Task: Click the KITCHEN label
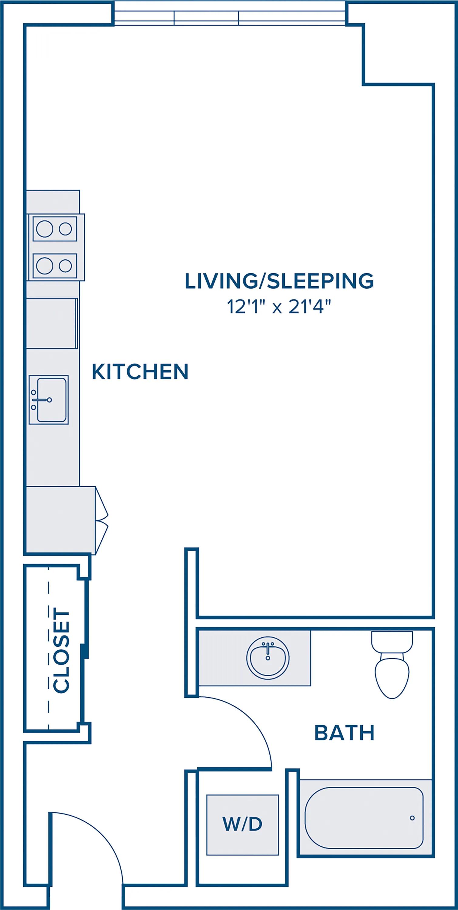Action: pyautogui.click(x=140, y=372)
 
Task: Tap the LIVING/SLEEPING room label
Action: pyautogui.click(x=279, y=281)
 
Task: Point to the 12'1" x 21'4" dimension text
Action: pyautogui.click(x=280, y=307)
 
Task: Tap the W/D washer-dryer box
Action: pyautogui.click(x=243, y=824)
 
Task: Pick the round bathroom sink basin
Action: pyautogui.click(x=268, y=658)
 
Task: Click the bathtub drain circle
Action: pyautogui.click(x=412, y=818)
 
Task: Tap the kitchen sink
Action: pyautogui.click(x=49, y=400)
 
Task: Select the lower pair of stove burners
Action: pyautogui.click(x=55, y=266)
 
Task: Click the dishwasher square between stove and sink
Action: pyautogui.click(x=52, y=324)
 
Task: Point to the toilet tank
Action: pyautogui.click(x=392, y=642)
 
